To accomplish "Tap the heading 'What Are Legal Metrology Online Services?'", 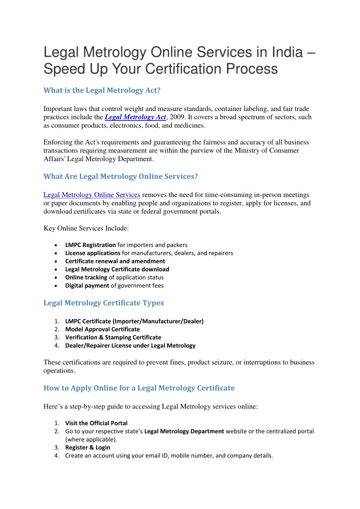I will [x=120, y=176].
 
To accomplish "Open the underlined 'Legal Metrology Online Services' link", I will [x=91, y=194].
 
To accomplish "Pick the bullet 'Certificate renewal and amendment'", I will [x=115, y=261].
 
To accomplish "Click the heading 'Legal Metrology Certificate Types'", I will [x=104, y=303].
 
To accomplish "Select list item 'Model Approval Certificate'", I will [x=102, y=329].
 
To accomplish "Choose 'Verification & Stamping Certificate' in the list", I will [x=113, y=337].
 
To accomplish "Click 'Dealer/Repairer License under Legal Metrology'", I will [x=130, y=345].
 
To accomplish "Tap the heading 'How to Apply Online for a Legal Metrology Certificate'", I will [x=139, y=387].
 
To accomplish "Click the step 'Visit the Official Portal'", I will [x=96, y=423].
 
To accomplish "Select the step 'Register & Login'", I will [x=87, y=447].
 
